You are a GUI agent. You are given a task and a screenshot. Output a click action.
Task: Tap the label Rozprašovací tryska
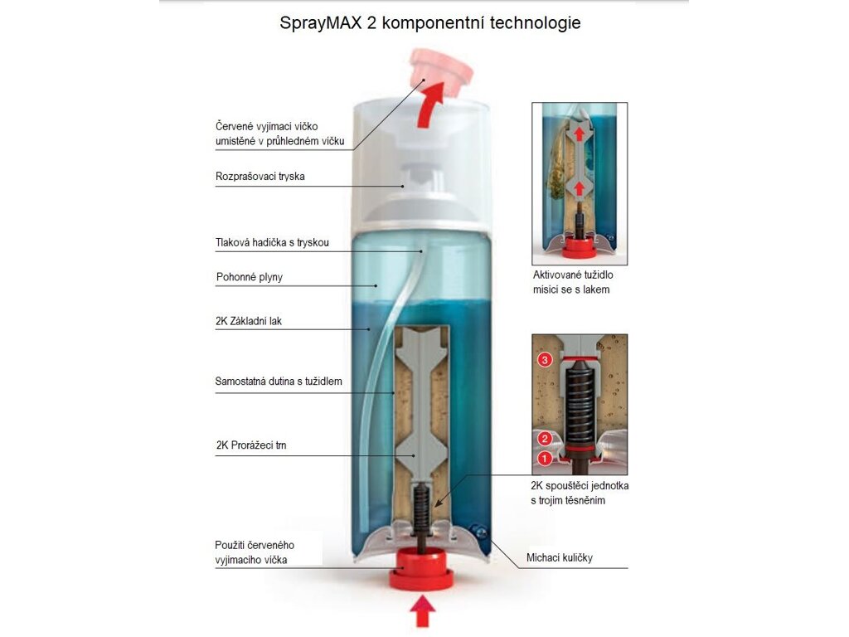[260, 177]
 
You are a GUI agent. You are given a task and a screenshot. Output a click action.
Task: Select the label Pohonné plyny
[250, 277]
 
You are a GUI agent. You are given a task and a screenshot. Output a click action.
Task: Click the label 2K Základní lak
[249, 321]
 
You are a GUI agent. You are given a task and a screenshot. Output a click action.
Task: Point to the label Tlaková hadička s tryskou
[272, 243]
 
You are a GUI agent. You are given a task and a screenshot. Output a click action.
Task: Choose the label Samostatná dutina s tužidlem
[279, 382]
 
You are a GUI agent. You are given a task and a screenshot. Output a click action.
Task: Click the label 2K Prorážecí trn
[251, 445]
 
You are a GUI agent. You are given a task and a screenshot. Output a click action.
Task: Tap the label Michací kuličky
[560, 557]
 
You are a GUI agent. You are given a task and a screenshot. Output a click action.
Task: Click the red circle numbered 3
[545, 360]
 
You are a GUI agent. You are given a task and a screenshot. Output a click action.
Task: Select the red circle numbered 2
[545, 439]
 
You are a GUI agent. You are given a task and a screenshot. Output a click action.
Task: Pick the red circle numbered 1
[544, 459]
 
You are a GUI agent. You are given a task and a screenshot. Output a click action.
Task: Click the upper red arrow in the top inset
[580, 134]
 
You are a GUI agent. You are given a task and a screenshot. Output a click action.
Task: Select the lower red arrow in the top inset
[580, 188]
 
